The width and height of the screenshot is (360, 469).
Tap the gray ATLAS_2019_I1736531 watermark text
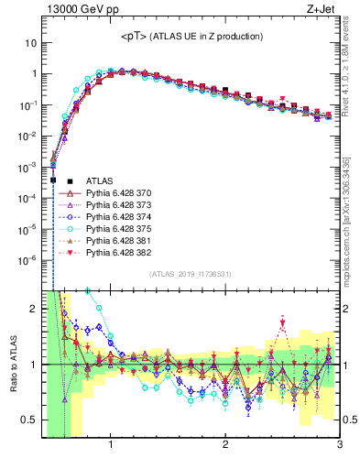(191, 274)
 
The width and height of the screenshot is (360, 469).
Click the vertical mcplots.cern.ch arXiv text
(350, 220)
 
